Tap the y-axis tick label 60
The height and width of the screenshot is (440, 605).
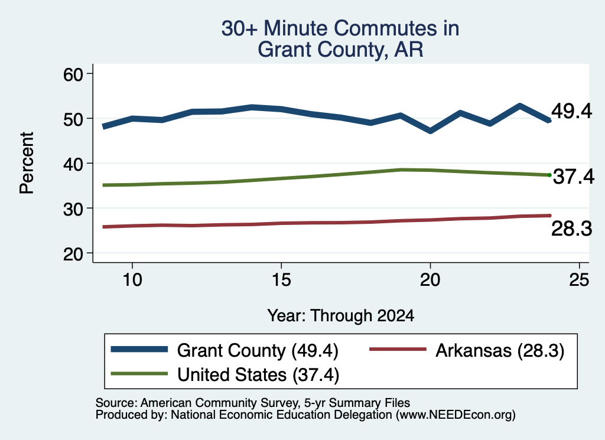pyautogui.click(x=73, y=74)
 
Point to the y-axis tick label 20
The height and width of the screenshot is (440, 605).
pyautogui.click(x=73, y=254)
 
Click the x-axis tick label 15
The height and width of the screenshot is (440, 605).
pyautogui.click(x=281, y=279)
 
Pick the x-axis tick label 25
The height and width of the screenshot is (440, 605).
pyautogui.click(x=579, y=279)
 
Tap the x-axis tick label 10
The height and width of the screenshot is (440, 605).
pyautogui.click(x=132, y=279)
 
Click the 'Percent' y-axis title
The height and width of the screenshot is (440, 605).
pyautogui.click(x=27, y=163)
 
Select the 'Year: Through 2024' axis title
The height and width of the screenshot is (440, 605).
pyautogui.click(x=341, y=315)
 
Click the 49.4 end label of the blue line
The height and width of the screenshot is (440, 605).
pyautogui.click(x=571, y=111)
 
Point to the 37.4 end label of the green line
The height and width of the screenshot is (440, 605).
pyautogui.click(x=574, y=177)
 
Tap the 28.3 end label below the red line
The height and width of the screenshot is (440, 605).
pyautogui.click(x=571, y=229)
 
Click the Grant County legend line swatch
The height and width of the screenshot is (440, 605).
pyautogui.click(x=139, y=350)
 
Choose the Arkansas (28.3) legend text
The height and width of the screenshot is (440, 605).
pyautogui.click(x=500, y=351)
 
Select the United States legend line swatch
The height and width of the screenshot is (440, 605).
pyautogui.click(x=139, y=374)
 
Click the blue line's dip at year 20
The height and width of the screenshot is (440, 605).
pyautogui.click(x=430, y=131)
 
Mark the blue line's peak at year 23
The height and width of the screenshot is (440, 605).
pyautogui.click(x=520, y=106)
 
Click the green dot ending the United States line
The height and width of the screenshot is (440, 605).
pyautogui.click(x=549, y=175)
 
